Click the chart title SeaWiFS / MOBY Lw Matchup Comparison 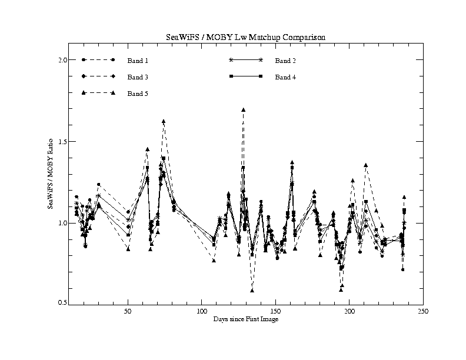coord(245,37)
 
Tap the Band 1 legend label coord(138,61)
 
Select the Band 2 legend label coord(285,61)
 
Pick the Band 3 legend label coord(138,77)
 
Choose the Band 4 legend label coord(285,77)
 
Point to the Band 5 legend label coord(138,94)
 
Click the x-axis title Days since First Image coord(245,319)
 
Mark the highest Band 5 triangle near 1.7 coord(243,110)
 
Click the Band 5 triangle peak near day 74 coord(164,122)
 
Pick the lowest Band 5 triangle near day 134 coord(252,290)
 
